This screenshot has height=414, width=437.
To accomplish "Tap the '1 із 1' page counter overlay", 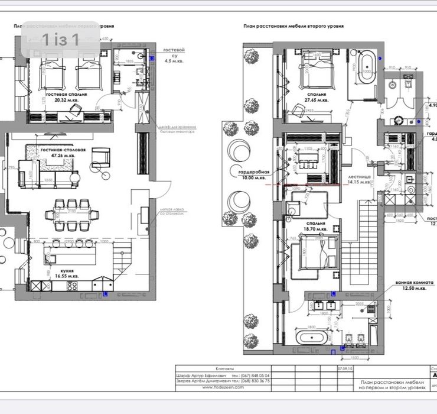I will (60, 40).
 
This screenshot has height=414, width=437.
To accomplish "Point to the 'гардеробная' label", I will (254, 172).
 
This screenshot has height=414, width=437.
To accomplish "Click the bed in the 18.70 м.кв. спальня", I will (317, 256).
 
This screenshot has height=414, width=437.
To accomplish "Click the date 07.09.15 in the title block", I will (337, 368).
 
